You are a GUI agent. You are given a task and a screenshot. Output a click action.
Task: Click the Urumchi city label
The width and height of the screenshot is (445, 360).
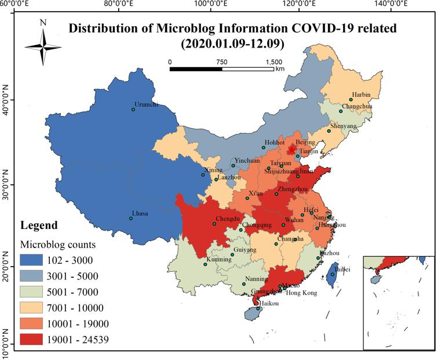145,105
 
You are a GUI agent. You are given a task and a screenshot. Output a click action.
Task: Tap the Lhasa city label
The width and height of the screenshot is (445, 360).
140,213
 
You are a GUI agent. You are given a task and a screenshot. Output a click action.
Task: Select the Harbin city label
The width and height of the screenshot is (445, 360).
360,94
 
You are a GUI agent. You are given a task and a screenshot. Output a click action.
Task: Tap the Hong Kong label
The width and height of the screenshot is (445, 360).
302,293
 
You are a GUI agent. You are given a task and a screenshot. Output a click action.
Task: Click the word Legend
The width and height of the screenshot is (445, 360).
39,225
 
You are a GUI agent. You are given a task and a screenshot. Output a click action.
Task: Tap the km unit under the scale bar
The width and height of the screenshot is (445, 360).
280,68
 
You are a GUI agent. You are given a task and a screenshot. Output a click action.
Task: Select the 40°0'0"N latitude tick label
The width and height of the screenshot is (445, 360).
6,100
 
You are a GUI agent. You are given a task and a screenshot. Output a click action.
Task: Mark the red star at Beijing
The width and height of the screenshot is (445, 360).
291,150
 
